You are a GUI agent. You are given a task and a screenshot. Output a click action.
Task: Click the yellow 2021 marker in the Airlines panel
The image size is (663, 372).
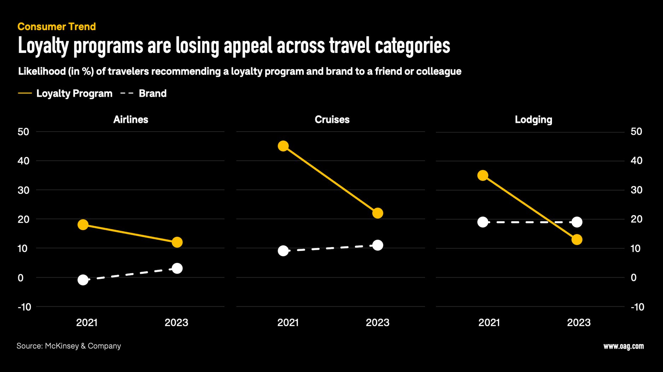point(83,224)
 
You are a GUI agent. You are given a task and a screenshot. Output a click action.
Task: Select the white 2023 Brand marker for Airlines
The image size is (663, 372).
point(177,268)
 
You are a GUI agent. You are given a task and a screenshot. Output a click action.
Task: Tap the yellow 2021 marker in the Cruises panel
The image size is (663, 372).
point(283,146)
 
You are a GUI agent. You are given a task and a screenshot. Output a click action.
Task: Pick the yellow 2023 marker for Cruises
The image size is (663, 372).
point(378,213)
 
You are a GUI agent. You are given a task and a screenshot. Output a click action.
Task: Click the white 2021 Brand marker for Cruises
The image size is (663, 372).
point(283,251)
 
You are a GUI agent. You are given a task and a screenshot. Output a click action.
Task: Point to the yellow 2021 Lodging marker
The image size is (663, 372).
point(483,175)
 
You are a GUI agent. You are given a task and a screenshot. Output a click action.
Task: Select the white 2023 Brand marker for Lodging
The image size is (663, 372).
point(577,222)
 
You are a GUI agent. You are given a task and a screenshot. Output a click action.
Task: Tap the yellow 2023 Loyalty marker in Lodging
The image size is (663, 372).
point(577,240)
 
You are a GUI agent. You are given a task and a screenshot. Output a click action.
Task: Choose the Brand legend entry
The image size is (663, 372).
point(152,94)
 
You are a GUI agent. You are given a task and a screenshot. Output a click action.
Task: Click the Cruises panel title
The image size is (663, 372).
point(332,120)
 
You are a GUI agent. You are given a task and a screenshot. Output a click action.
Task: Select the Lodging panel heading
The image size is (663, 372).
point(533,120)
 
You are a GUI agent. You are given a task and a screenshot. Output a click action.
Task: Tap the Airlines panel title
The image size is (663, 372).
point(130,120)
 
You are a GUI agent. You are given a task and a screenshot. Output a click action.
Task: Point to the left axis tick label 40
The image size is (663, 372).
point(23,161)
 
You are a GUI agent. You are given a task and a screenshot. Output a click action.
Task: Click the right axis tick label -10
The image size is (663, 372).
point(637,307)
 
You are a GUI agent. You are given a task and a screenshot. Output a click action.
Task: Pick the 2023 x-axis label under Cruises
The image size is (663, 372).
point(377,323)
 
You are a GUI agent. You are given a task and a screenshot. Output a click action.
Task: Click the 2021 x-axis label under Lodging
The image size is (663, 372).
point(489,323)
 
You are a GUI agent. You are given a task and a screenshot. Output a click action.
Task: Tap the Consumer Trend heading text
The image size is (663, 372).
point(57,26)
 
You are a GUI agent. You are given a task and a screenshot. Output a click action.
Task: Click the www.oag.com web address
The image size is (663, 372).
point(623,346)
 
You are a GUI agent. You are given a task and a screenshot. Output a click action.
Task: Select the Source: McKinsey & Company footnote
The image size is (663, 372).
point(69,346)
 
